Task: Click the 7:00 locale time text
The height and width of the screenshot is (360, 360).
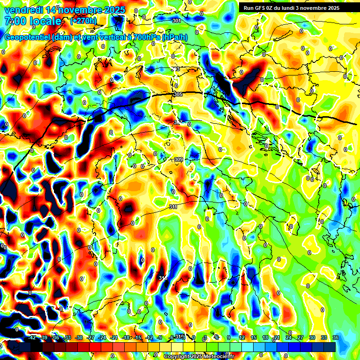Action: (33, 21)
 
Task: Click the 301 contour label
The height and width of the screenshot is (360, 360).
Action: (176, 21)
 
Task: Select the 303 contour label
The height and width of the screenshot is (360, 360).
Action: (175, 69)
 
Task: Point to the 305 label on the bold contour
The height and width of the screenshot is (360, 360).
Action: (177, 95)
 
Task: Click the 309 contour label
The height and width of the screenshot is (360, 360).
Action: (178, 160)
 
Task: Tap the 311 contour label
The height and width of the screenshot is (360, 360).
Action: (173, 207)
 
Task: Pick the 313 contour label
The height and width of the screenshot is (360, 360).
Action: (163, 278)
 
